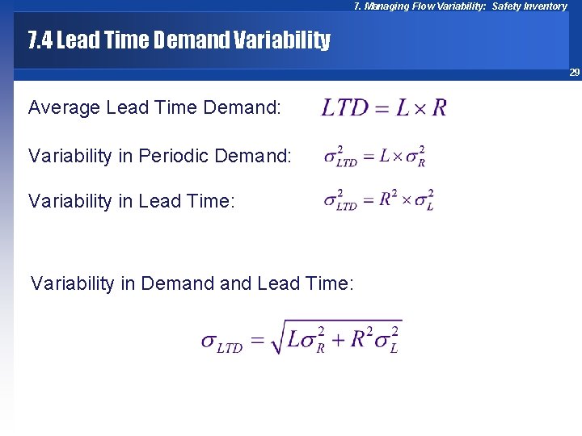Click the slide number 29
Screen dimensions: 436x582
click(575, 73)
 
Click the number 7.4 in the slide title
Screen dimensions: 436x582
click(40, 40)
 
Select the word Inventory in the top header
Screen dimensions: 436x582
click(546, 6)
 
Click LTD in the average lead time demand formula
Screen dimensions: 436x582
click(345, 107)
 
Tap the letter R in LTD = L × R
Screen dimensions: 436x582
click(439, 107)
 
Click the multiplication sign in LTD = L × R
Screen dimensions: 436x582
click(420, 108)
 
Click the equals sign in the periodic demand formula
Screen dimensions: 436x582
click(368, 156)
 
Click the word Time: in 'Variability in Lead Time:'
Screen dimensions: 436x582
click(212, 201)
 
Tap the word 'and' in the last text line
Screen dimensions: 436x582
click(236, 283)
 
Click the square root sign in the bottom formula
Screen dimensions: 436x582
click(277, 337)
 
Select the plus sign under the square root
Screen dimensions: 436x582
click(336, 340)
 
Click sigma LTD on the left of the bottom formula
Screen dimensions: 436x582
click(221, 342)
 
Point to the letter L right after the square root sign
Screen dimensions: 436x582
click(294, 339)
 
